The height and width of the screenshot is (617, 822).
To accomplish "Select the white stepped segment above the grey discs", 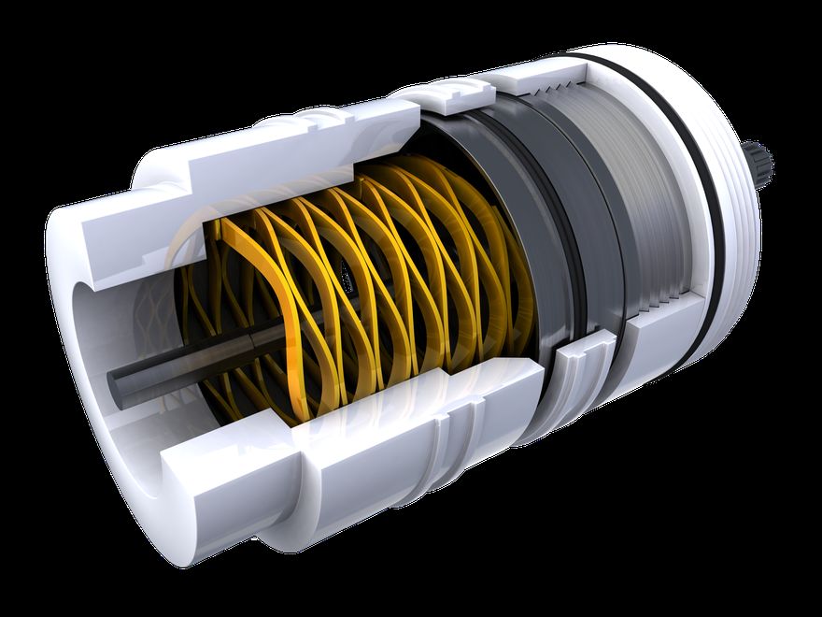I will tap(458, 93).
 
